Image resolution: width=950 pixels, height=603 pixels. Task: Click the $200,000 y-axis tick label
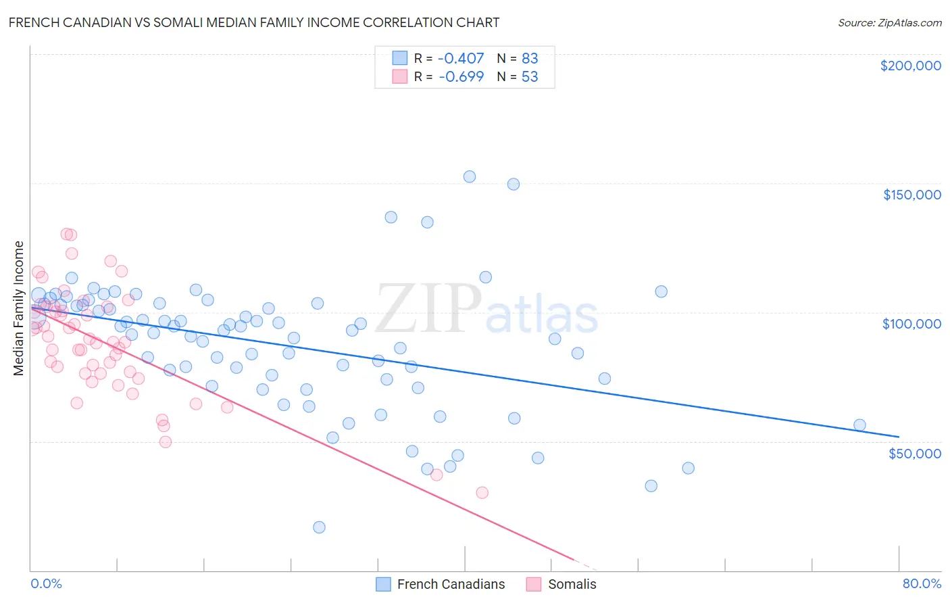910,66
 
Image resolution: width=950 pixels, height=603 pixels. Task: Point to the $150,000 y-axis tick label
911,195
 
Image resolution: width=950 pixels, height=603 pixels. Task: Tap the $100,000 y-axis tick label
911,324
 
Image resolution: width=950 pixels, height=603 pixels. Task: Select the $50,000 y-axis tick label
914,453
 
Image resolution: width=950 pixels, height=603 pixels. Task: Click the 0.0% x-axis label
46,583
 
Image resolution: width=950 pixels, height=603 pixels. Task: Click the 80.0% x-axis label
922,583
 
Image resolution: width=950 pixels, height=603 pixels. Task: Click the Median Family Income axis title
19,308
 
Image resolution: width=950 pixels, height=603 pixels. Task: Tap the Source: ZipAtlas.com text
889,22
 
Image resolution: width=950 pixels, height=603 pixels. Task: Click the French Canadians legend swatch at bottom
383,584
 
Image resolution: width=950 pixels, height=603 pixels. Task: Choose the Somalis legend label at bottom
572,584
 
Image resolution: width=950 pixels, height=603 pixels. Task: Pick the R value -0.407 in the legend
461,58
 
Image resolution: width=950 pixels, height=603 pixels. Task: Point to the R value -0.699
461,76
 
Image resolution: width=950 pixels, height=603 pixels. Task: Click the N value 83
530,58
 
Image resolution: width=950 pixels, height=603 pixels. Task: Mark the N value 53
530,76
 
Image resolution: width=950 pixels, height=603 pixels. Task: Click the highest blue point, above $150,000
470,176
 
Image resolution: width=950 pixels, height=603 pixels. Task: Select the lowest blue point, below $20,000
320,527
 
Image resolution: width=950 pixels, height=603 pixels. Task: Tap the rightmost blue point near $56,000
859,425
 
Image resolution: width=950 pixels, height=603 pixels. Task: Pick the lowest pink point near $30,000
482,493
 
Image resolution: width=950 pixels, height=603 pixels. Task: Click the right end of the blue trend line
899,436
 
